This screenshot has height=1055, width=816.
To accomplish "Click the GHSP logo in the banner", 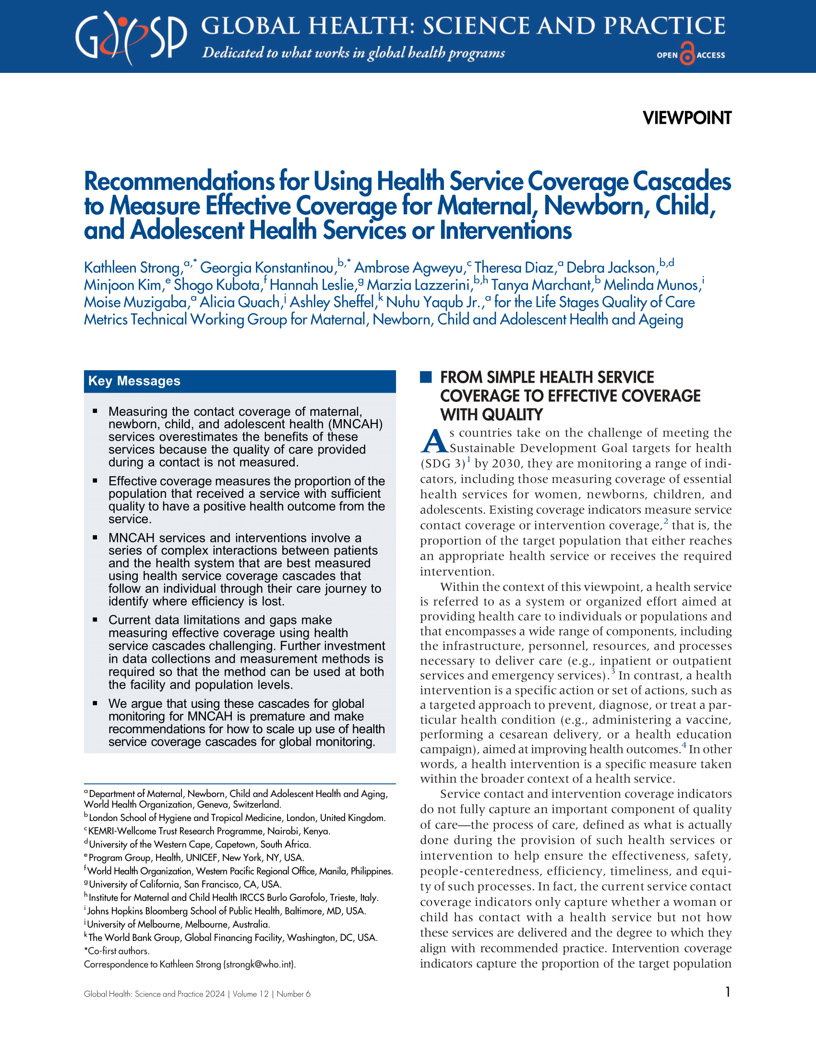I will (x=131, y=38).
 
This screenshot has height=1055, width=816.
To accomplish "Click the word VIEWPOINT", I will (x=686, y=118).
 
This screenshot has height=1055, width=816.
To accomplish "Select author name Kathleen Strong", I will (x=132, y=268).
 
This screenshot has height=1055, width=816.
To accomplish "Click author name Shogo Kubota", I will (x=217, y=285).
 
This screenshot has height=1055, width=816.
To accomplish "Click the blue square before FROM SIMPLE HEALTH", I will (x=425, y=377).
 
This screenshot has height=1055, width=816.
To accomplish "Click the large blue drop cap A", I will (x=433, y=441).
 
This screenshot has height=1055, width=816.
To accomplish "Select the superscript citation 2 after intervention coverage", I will (x=666, y=521).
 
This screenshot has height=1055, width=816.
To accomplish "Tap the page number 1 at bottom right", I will (x=728, y=992).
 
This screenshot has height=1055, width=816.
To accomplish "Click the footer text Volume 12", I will (x=251, y=994).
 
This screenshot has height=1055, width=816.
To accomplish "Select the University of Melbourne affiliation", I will (x=178, y=924).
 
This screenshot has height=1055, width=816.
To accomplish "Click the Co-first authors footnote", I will (x=117, y=950).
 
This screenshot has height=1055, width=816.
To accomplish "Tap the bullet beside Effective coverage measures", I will (x=95, y=481).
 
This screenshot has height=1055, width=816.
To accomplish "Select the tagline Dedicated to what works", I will (x=353, y=53).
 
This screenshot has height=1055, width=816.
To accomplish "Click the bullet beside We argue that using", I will (x=95, y=703).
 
